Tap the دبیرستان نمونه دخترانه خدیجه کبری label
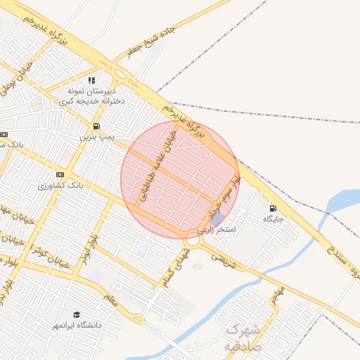click(x=96, y=96)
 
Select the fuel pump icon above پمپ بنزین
click(x=95, y=126)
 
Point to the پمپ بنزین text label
click(x=96, y=136)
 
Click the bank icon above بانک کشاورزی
click(x=59, y=174)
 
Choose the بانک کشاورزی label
click(x=62, y=186)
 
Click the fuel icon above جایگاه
click(x=272, y=208)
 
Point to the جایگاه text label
click(x=273, y=219)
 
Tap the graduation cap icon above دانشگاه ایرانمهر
click(x=76, y=314)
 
